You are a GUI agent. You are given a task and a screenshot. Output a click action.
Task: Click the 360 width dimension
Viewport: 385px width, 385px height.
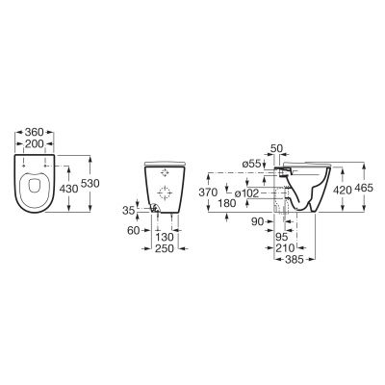(34, 132)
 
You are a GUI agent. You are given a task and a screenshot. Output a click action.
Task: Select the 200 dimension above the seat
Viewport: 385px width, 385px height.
(34, 144)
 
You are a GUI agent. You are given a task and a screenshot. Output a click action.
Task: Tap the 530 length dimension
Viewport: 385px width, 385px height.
(90, 184)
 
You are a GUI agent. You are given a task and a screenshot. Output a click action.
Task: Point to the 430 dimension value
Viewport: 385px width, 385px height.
(68, 189)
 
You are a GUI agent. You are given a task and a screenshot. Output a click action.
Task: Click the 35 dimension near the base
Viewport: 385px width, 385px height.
(128, 211)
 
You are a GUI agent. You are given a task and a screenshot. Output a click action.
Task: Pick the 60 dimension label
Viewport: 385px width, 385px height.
(134, 230)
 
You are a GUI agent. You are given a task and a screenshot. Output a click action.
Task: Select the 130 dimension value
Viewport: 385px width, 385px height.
(165, 238)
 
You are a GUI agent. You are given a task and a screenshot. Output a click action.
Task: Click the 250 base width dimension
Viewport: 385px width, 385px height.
(165, 248)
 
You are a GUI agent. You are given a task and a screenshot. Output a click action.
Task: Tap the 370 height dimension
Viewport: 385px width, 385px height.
(208, 192)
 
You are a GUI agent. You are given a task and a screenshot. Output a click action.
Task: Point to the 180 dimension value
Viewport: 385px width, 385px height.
(226, 203)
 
